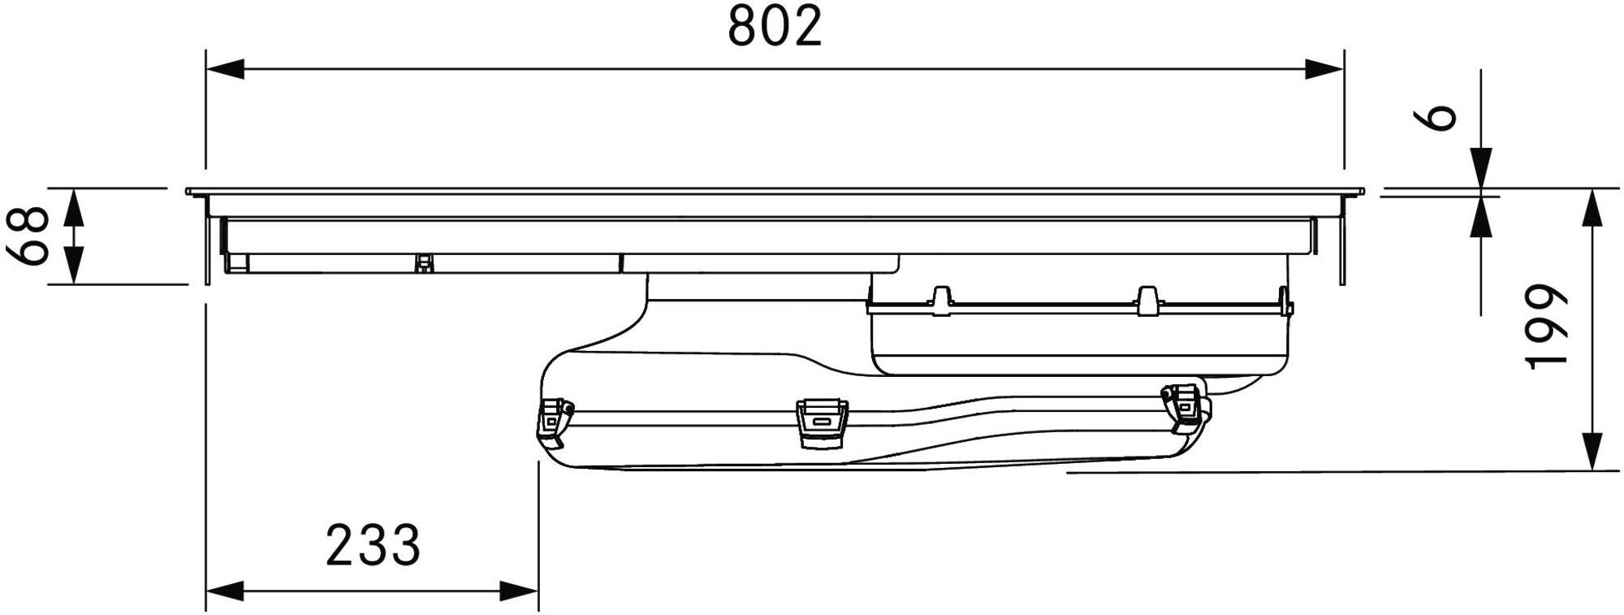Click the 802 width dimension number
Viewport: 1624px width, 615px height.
tap(775, 26)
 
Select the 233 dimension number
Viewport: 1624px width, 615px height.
tap(374, 545)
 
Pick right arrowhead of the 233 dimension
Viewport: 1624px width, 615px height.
tap(519, 591)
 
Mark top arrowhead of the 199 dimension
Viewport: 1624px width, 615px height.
tap(1593, 208)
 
